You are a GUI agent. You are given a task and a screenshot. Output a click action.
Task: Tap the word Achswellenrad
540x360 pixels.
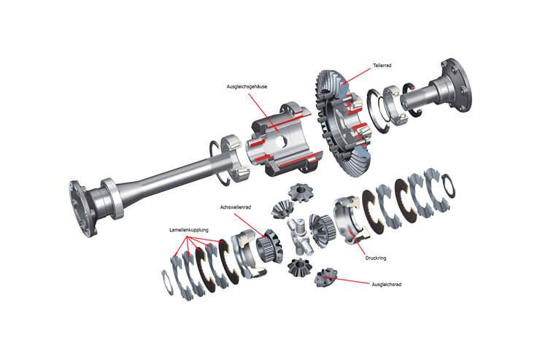tap(234, 207)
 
